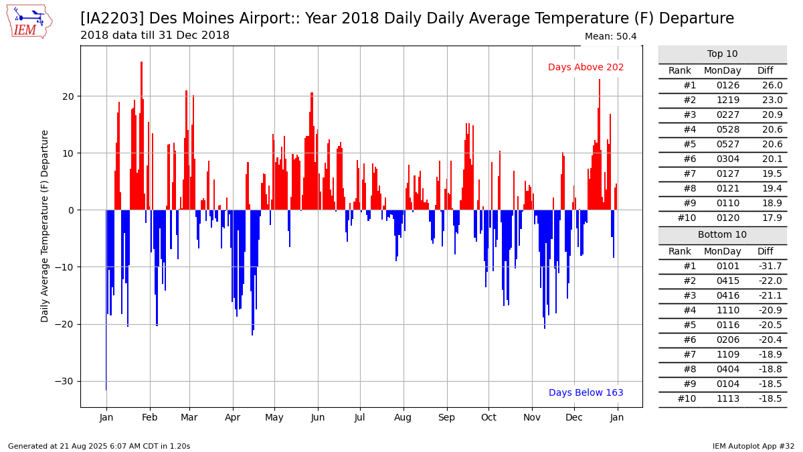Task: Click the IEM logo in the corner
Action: tap(29, 22)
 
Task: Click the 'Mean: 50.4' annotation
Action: tap(610, 36)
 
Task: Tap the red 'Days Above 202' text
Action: tap(586, 67)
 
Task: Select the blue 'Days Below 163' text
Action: tap(586, 392)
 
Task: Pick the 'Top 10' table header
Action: tap(722, 54)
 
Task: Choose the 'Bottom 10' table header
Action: tap(722, 234)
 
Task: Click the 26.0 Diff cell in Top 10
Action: tap(772, 86)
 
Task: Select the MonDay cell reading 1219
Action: tap(728, 100)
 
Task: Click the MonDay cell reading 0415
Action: tap(728, 281)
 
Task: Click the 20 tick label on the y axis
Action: tap(68, 96)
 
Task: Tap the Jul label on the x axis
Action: tap(359, 418)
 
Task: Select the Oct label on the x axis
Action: tap(488, 418)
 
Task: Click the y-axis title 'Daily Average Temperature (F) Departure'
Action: tap(44, 226)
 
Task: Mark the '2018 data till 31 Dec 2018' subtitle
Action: tap(155, 35)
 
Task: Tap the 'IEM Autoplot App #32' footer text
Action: tap(753, 446)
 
